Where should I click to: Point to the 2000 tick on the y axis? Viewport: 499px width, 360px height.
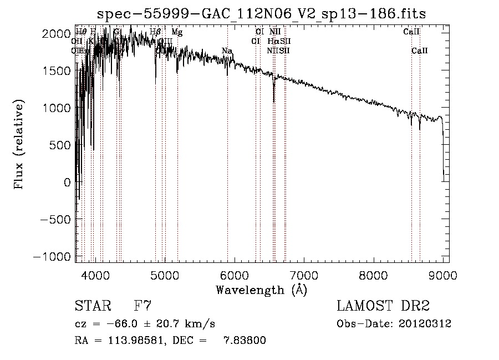click(57, 34)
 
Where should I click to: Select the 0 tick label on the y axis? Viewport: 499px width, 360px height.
click(67, 182)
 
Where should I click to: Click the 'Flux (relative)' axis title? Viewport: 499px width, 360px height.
click(19, 145)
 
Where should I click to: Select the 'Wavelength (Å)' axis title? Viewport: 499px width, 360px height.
click(261, 289)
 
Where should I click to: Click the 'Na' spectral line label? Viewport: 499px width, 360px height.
click(227, 51)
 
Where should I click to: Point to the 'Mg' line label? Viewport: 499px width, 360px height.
click(177, 32)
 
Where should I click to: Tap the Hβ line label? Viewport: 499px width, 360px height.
click(155, 32)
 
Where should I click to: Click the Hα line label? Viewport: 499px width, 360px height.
click(273, 42)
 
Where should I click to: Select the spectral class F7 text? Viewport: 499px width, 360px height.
click(143, 306)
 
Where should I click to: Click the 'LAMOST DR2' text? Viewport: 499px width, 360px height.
click(383, 306)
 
